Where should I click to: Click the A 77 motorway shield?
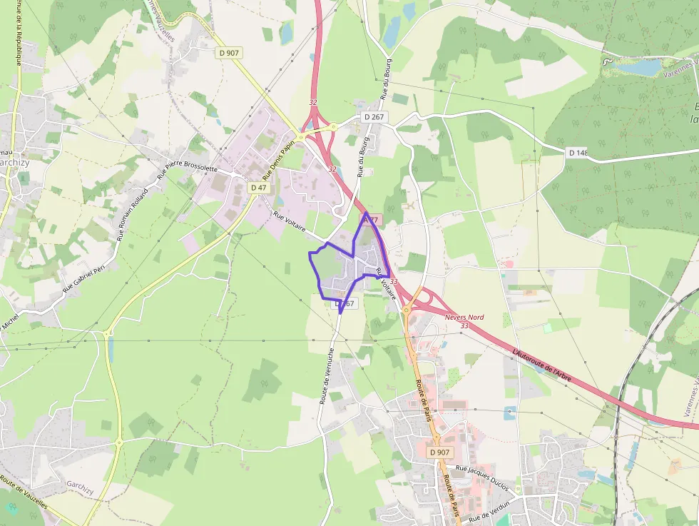(372, 221)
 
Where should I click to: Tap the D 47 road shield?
(258, 187)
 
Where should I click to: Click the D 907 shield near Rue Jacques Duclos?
(441, 452)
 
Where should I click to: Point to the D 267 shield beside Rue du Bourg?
(374, 117)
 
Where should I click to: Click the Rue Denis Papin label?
(279, 159)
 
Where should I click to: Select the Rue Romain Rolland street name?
(133, 214)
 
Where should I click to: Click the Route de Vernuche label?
(328, 376)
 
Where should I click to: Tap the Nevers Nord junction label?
(464, 317)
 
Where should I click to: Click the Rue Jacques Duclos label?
(482, 477)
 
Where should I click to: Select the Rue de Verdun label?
(489, 511)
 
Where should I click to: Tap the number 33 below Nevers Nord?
(465, 326)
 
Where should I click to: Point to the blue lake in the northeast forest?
(639, 68)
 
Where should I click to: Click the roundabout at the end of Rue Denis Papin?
(302, 136)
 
